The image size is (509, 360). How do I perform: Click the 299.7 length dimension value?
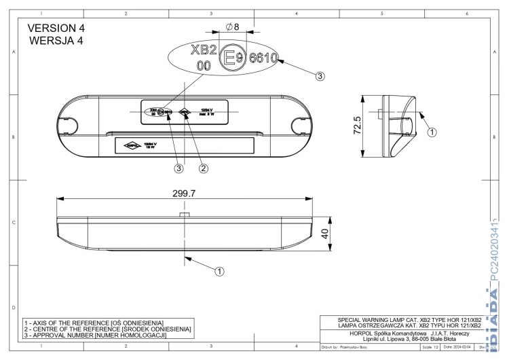[x=183, y=194]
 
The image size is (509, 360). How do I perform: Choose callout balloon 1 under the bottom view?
[x=219, y=270]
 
